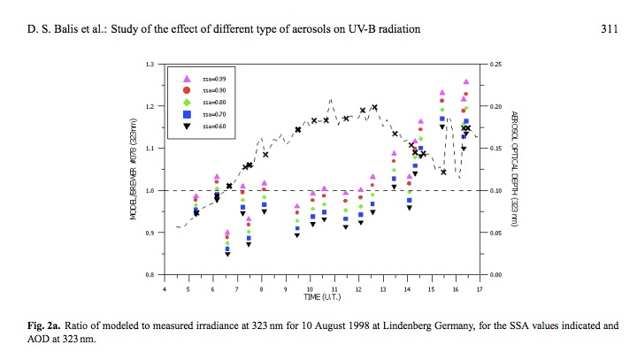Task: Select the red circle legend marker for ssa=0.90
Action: point(187,90)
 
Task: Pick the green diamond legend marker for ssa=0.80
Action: point(187,103)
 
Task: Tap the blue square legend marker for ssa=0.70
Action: point(187,114)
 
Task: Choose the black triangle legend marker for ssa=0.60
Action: point(187,126)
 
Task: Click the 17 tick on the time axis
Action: point(479,287)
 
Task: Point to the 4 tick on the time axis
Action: point(165,287)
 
